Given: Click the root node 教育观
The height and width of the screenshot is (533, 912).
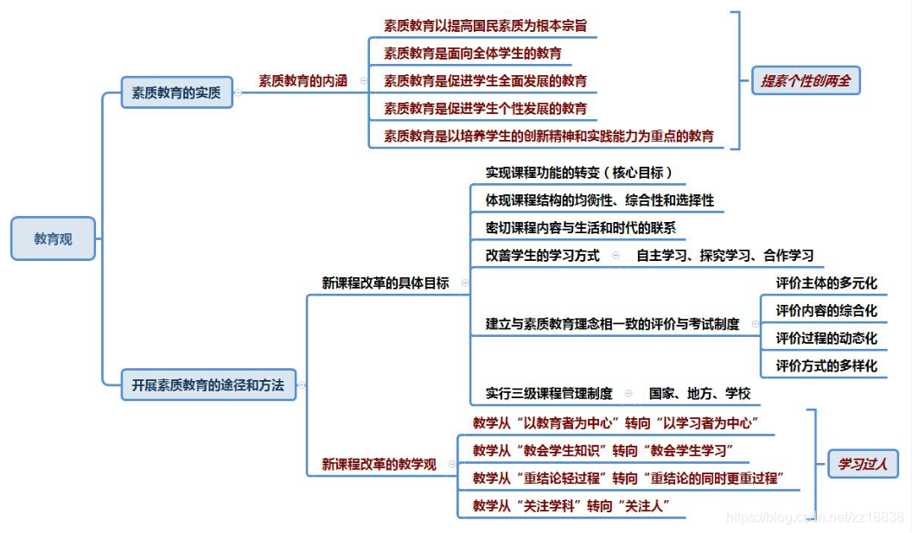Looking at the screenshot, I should [x=53, y=238].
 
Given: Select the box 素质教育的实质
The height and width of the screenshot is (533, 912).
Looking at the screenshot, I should [x=176, y=92].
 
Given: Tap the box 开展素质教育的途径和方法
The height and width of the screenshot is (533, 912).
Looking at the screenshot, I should [x=207, y=384].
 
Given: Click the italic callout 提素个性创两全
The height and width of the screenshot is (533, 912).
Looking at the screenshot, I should [x=806, y=81].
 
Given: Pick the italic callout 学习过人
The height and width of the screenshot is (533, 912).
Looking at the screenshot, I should [x=864, y=464].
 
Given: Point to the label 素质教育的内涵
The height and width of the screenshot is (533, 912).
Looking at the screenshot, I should [x=303, y=81].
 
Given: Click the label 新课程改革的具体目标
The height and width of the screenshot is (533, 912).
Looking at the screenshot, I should [x=386, y=282].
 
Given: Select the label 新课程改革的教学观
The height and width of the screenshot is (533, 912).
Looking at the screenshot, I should [x=379, y=464].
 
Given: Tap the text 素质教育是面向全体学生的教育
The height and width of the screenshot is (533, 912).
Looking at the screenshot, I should [x=473, y=54].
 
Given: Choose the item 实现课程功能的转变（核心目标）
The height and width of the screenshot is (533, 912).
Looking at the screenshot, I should [x=579, y=172].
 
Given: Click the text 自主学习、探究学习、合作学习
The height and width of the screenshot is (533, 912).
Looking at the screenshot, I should [x=724, y=256].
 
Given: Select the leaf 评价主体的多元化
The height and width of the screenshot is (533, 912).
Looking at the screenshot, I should [x=826, y=282].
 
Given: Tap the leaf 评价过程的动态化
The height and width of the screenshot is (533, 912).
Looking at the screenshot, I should [x=826, y=338].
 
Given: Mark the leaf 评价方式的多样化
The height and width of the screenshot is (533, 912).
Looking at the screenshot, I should [x=826, y=365].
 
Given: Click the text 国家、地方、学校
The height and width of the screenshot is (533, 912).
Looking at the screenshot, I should [x=700, y=393].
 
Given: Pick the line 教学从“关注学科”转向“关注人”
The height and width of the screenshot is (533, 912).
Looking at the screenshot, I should [x=572, y=505].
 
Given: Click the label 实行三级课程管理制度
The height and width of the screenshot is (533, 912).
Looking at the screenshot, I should [x=549, y=393].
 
